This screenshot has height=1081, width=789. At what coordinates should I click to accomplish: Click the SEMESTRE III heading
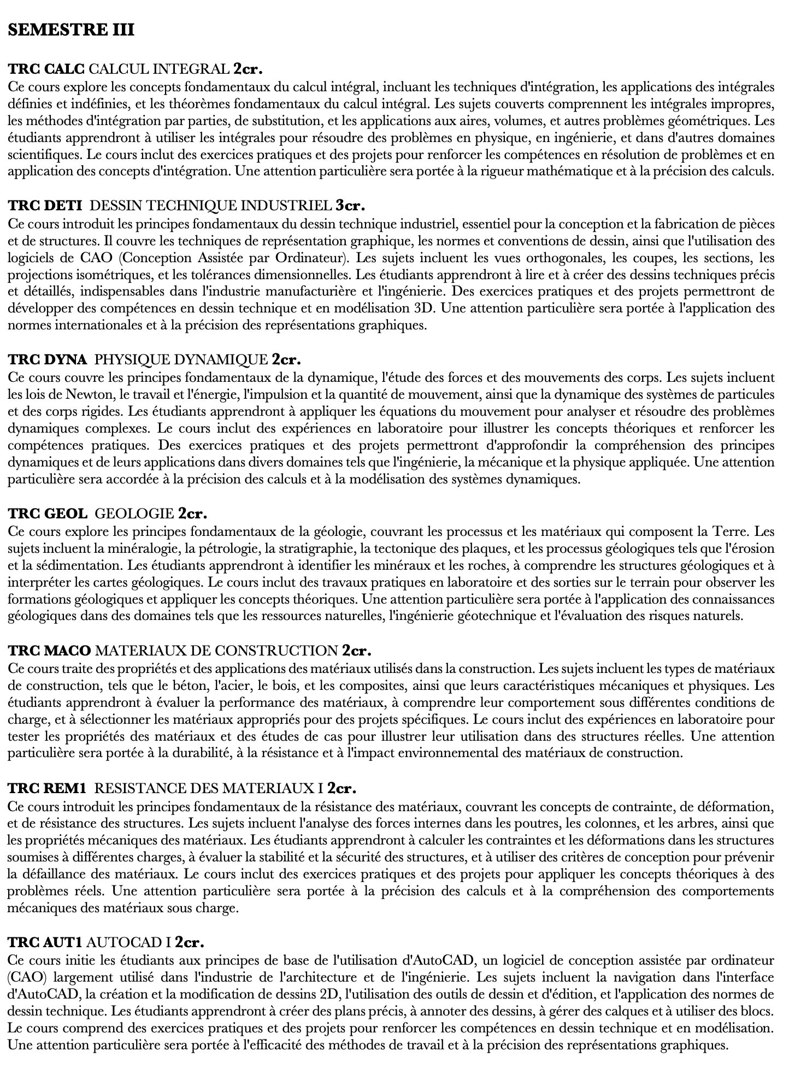point(71,29)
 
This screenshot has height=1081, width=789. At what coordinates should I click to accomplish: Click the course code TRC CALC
point(46,69)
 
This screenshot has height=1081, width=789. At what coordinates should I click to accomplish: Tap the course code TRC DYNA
point(48,359)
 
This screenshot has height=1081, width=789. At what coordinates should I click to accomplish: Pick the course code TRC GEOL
point(48,513)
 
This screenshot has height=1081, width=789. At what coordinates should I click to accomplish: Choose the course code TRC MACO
point(50,651)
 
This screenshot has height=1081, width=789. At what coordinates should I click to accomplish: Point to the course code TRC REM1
point(48,788)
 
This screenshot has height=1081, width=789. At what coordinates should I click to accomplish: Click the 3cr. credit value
point(350,205)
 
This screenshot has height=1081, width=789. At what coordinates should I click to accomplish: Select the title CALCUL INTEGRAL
point(158,69)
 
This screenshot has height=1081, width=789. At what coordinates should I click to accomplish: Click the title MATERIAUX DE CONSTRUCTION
point(216,651)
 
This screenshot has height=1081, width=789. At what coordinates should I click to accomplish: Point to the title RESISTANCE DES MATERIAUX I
point(209,788)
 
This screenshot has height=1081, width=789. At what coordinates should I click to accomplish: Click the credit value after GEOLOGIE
point(192,513)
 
